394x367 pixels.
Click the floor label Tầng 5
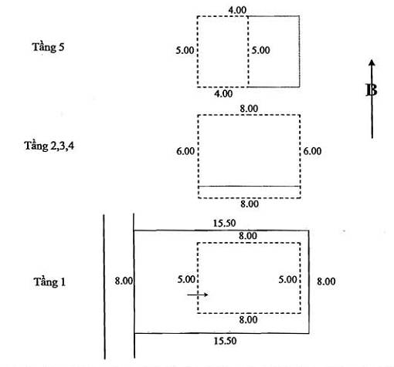[48, 47]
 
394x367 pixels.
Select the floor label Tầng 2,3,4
[49, 146]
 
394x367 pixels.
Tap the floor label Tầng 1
[49, 282]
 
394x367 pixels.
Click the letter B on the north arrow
[372, 90]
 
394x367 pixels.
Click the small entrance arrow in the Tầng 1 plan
[198, 295]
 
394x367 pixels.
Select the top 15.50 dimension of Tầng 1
[224, 224]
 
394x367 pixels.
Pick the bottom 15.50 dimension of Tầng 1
[225, 341]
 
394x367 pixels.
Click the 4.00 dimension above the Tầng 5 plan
[237, 10]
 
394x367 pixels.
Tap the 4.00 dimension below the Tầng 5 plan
[223, 94]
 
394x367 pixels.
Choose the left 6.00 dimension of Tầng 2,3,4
[185, 151]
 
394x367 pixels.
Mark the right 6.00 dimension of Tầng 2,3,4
[312, 151]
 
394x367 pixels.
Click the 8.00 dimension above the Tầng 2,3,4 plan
[249, 109]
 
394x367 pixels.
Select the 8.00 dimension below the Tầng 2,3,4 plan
[250, 204]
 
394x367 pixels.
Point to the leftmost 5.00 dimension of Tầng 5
[185, 50]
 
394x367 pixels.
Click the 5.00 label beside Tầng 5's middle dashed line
[260, 50]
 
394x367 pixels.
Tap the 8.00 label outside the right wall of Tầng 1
[326, 281]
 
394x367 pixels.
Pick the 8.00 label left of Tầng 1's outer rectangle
[124, 281]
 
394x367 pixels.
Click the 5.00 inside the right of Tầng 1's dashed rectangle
[287, 279]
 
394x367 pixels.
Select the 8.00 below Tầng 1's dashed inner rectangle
[248, 320]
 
